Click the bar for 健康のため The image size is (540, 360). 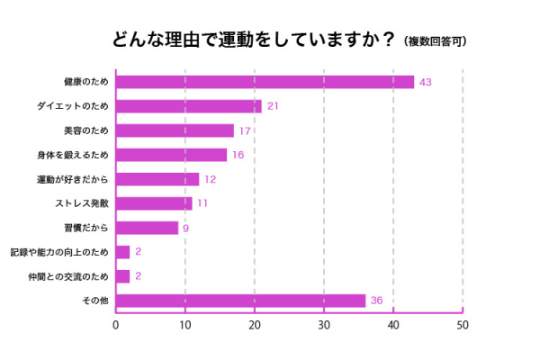[x=265, y=82]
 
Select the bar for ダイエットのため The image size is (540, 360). [x=189, y=106]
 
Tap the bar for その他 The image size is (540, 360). [x=241, y=301]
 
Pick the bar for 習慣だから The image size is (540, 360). [x=148, y=228]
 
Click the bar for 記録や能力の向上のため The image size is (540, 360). [x=123, y=252]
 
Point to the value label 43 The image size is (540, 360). [x=427, y=82]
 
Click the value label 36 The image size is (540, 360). [x=378, y=301]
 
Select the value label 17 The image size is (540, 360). [x=245, y=130]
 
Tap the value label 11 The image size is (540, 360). [x=202, y=203]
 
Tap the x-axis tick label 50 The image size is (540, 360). [x=463, y=325]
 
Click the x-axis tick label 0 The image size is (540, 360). [x=116, y=325]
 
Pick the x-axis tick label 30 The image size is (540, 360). [x=324, y=325]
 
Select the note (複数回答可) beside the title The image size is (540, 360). [x=436, y=41]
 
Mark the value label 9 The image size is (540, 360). [x=185, y=228]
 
